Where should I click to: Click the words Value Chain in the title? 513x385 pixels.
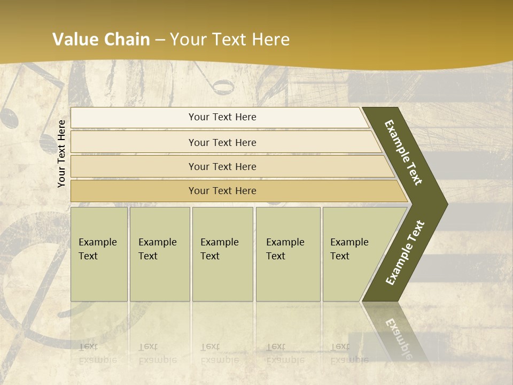click(x=101, y=40)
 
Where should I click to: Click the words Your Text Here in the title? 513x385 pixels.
click(x=230, y=40)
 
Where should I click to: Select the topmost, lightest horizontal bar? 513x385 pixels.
click(x=134, y=118)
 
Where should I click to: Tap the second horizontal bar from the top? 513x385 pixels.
click(x=134, y=142)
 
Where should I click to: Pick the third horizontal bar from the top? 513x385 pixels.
click(x=134, y=166)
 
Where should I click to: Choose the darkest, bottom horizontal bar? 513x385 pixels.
click(x=134, y=191)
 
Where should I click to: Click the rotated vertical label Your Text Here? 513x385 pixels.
click(x=61, y=153)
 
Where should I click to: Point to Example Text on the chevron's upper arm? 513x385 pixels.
click(x=403, y=152)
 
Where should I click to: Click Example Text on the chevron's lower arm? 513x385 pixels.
click(x=405, y=253)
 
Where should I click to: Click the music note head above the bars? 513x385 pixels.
click(x=223, y=86)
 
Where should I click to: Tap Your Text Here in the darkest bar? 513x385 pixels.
click(x=222, y=191)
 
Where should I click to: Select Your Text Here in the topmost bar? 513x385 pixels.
click(x=222, y=117)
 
